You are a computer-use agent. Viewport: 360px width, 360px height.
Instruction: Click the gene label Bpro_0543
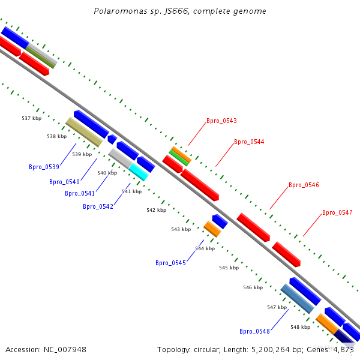[221, 121]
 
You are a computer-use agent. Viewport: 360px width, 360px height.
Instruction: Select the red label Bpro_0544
[249, 142]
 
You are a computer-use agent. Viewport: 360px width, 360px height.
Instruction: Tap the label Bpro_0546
[304, 185]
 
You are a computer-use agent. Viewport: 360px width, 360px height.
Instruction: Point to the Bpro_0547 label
[337, 212]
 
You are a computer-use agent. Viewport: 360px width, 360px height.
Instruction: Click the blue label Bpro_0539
[44, 167]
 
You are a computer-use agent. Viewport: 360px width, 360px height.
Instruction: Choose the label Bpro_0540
[64, 182]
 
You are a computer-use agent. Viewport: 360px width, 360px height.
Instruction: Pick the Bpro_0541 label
[80, 193]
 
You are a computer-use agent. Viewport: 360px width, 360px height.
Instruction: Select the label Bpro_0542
[98, 206]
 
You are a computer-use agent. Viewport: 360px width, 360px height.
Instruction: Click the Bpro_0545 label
[170, 263]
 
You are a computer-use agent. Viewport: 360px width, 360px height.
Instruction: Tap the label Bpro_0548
[254, 331]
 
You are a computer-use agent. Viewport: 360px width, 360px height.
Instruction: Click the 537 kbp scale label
[32, 119]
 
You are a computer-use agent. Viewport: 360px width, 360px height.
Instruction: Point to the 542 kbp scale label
[157, 210]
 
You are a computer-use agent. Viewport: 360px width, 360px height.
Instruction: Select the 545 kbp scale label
[229, 268]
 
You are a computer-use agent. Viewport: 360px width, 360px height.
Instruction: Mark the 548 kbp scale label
[300, 327]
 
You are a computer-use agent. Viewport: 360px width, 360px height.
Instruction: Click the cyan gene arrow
[139, 172]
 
